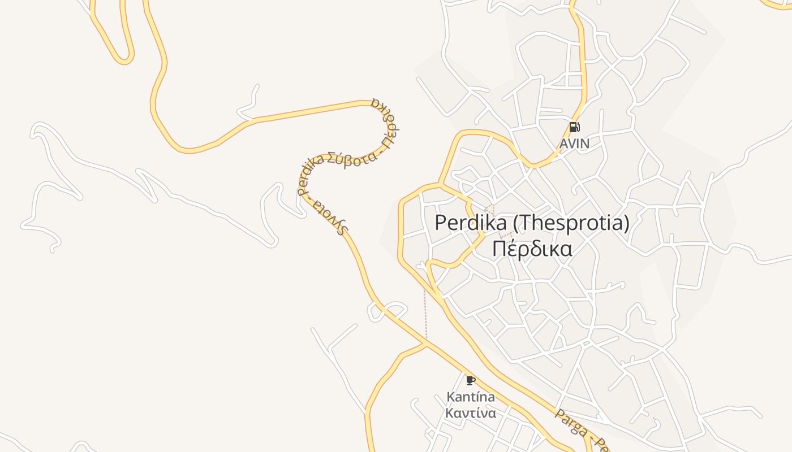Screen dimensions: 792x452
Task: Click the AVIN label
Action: click(x=574, y=144)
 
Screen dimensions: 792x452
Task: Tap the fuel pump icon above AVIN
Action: click(x=574, y=127)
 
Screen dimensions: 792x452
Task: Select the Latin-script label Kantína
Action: click(x=470, y=397)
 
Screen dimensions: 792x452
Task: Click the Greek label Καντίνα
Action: click(x=470, y=413)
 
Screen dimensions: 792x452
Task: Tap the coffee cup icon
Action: click(x=470, y=380)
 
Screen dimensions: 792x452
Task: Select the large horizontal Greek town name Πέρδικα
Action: click(x=532, y=249)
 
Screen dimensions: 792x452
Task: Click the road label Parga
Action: click(x=570, y=423)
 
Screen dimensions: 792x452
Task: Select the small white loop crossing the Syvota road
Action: click(x=388, y=311)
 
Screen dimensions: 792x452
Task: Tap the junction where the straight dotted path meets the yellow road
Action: click(x=426, y=342)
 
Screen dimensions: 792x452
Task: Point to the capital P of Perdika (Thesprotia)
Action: click(x=441, y=223)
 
